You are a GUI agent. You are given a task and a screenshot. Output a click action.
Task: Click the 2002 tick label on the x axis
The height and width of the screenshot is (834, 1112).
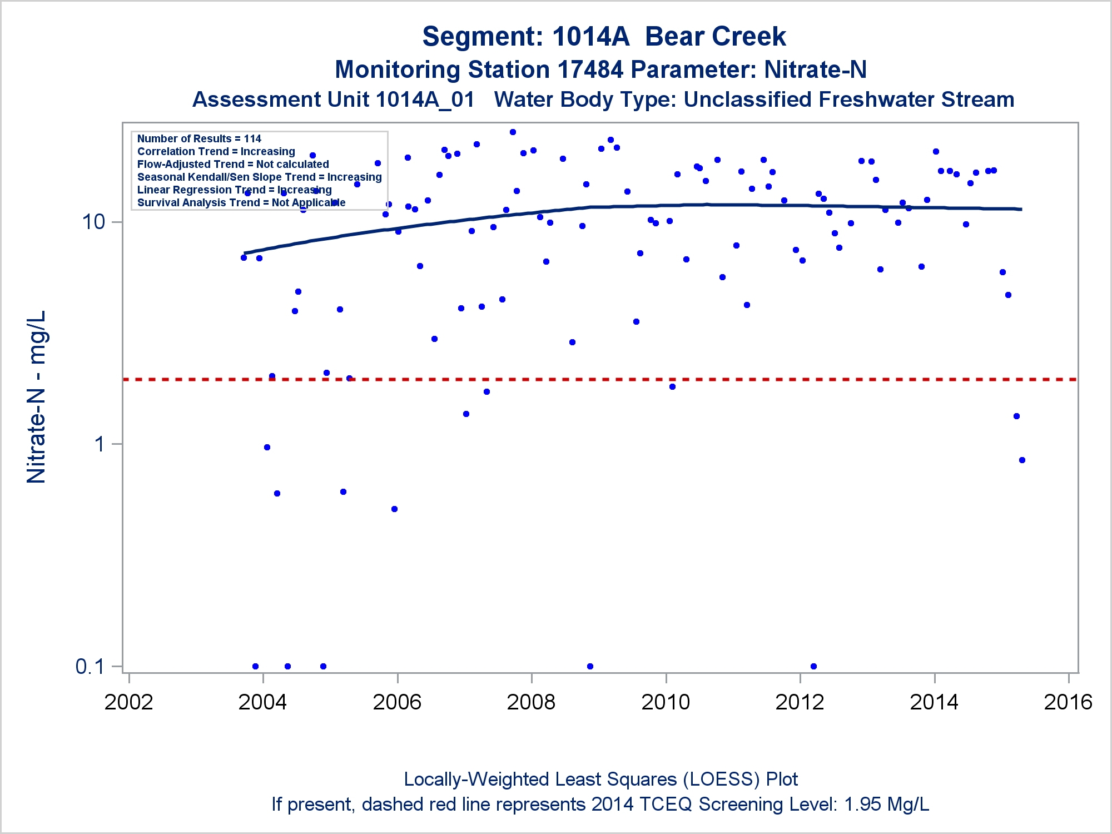[x=128, y=702]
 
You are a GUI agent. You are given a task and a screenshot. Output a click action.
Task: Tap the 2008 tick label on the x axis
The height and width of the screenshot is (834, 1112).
[x=531, y=702]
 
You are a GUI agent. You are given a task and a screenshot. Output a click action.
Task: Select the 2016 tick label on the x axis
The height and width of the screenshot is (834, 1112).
[x=1068, y=702]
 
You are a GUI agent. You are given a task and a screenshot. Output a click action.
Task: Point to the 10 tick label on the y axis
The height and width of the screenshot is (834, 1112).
[x=93, y=222]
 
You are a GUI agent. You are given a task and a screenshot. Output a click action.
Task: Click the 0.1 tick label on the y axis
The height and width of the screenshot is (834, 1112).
[x=90, y=666]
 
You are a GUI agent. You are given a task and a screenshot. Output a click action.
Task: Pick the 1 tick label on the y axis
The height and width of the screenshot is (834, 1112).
[x=100, y=444]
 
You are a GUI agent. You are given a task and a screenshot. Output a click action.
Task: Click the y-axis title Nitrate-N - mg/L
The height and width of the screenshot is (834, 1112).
[x=36, y=397]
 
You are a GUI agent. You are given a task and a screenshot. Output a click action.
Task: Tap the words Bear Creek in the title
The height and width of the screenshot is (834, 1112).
[x=715, y=37]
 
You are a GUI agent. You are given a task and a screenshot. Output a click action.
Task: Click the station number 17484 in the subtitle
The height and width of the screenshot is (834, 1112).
[x=590, y=70]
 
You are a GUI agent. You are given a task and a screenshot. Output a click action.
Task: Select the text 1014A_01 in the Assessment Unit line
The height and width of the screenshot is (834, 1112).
[x=425, y=100]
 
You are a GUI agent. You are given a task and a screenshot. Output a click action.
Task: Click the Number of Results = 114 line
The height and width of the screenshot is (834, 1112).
[x=199, y=138]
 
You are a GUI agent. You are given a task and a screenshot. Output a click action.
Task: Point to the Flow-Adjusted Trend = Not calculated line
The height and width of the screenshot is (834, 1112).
[x=233, y=164]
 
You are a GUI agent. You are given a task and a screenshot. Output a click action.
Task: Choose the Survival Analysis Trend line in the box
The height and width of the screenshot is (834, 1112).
[x=241, y=202]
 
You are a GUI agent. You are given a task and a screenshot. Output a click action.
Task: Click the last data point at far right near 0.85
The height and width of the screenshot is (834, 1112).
[x=1022, y=460]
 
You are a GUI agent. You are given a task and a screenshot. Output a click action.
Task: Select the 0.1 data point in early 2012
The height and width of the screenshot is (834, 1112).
[x=813, y=666]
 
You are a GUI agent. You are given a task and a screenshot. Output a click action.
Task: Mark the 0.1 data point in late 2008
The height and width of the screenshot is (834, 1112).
[x=590, y=666]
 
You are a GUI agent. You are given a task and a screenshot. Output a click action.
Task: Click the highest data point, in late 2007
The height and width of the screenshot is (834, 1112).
[x=513, y=132]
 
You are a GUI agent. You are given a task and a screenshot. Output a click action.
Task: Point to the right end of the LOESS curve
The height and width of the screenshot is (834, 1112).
[x=1020, y=209]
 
